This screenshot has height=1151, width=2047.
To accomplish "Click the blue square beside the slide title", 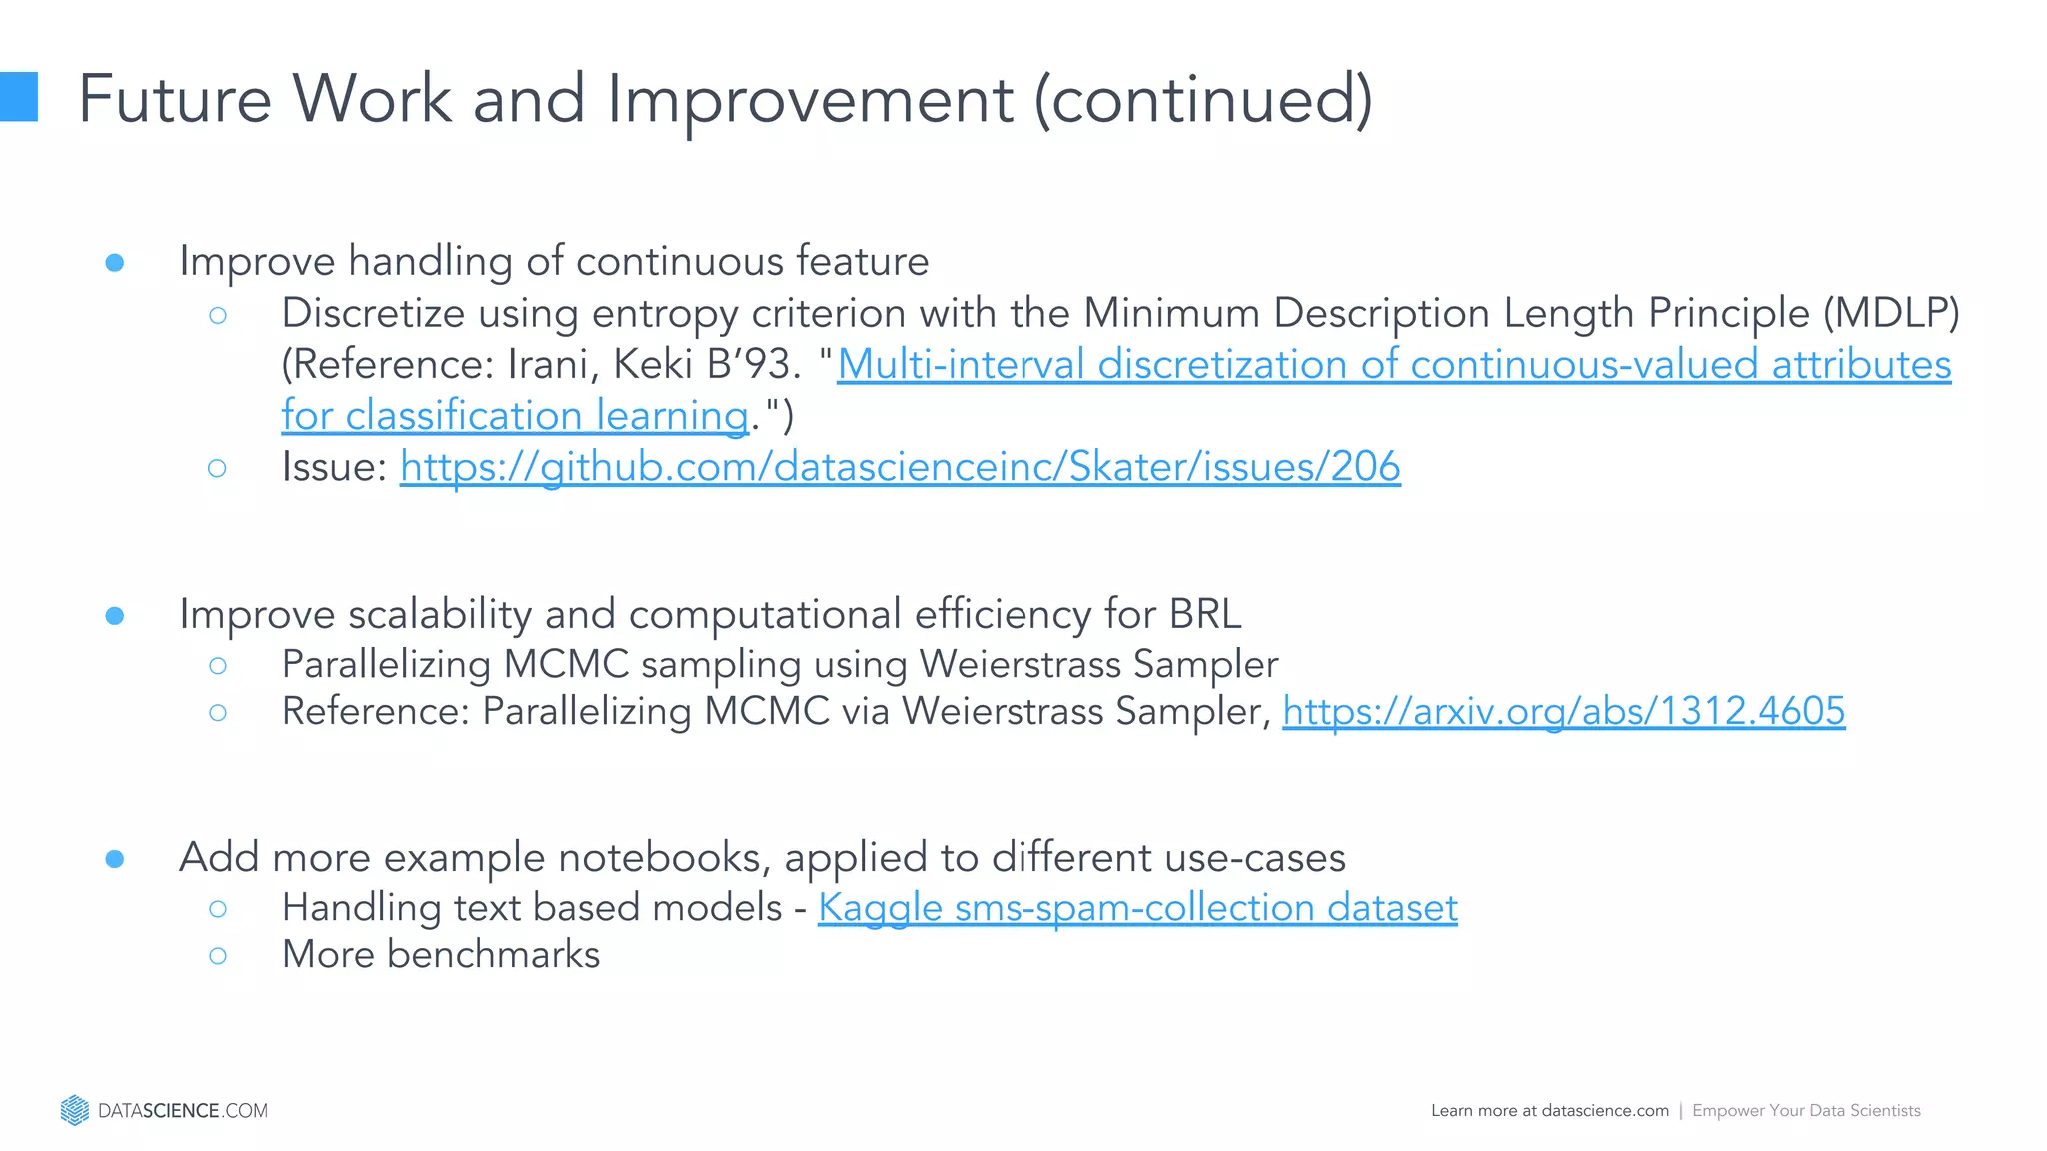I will click(18, 97).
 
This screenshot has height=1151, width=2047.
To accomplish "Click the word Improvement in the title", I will click(810, 99).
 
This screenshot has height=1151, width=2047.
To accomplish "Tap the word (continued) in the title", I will click(1203, 99).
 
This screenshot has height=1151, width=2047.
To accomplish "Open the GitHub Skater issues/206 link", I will click(900, 467).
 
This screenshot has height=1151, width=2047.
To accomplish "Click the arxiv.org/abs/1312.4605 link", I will click(1563, 712).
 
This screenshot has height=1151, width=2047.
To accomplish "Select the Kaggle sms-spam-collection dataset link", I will click(1137, 908).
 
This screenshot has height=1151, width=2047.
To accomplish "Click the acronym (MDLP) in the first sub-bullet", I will click(1891, 314).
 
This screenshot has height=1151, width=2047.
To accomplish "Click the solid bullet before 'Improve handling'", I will click(115, 263).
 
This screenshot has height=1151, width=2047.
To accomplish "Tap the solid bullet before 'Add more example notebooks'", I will click(115, 859).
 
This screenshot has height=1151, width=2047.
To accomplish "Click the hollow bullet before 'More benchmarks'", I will click(218, 956).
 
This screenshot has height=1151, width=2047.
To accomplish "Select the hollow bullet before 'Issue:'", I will click(218, 468).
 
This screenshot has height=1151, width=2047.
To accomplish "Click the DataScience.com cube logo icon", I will click(74, 1110).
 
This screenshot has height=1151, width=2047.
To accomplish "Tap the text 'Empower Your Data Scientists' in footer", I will click(1806, 1111).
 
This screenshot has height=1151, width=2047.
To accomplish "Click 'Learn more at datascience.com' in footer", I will click(1549, 1111).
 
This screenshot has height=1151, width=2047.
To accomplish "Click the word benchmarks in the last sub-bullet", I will click(493, 955).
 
